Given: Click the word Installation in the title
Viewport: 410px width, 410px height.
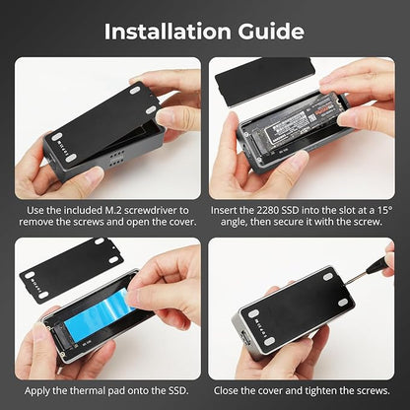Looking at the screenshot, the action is tap(168, 32).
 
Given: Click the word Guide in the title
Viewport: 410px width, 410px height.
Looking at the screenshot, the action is tap(271, 32).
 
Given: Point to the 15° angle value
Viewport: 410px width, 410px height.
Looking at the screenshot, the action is tap(385, 210).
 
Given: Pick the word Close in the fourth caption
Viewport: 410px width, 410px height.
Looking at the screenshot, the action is tap(226, 391).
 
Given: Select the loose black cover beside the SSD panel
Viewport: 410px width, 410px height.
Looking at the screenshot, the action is tap(265, 81).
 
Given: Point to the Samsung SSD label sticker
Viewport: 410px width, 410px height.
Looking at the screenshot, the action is tap(299, 121).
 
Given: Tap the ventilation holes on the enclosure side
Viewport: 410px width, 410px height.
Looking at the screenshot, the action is tap(116, 158).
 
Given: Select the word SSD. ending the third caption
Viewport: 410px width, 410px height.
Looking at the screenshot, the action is tap(178, 391).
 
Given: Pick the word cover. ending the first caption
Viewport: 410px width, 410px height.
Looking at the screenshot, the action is tap(183, 222).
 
